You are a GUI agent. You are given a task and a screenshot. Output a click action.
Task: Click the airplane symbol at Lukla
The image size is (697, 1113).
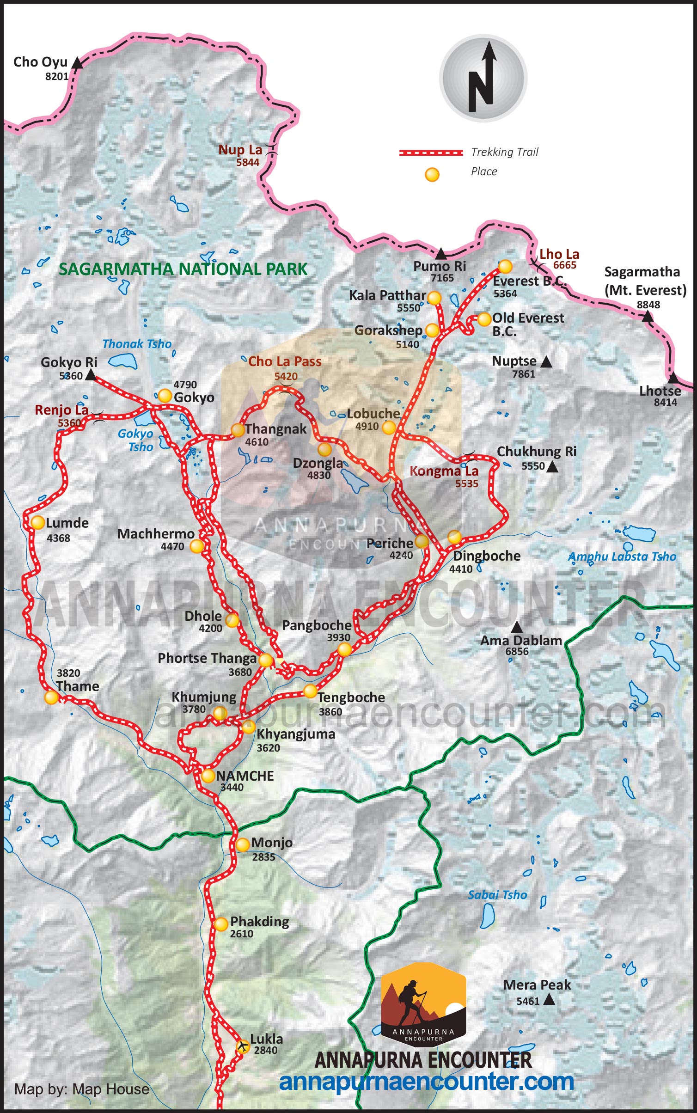click(242, 1046)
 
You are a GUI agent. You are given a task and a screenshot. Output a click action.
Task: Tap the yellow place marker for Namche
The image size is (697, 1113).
click(208, 776)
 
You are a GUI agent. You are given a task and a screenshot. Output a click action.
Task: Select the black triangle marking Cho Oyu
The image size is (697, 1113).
click(78, 63)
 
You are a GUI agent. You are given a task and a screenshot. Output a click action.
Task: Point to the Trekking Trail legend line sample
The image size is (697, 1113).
click(431, 153)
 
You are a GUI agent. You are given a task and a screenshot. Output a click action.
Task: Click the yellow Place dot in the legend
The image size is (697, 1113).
click(432, 175)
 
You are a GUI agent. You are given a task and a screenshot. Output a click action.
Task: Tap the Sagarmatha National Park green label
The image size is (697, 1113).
click(183, 269)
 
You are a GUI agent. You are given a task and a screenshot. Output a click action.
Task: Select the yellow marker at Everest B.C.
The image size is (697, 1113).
click(505, 266)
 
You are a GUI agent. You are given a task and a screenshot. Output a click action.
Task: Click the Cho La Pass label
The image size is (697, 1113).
click(285, 361)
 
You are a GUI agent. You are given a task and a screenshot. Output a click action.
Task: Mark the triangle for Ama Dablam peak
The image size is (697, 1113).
click(517, 627)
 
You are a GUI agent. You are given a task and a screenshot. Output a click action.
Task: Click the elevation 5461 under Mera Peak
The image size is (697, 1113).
click(528, 1001)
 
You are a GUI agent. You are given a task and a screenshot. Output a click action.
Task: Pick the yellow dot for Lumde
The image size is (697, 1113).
click(37, 522)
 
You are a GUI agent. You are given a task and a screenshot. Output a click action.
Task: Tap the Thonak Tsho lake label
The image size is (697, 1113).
click(137, 344)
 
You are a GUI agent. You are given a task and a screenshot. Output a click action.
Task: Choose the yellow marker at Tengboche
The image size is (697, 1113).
click(310, 691)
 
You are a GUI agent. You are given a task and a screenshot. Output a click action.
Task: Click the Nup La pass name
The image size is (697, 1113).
click(240, 150)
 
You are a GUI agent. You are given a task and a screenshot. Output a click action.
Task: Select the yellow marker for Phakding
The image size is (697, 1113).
click(221, 924)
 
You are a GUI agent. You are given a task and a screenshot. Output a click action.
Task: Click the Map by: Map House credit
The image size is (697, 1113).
click(82, 1089)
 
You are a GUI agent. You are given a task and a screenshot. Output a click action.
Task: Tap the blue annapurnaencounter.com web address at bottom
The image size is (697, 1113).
click(426, 1082)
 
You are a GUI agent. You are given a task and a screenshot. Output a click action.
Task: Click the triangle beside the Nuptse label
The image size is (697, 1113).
click(546, 362)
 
